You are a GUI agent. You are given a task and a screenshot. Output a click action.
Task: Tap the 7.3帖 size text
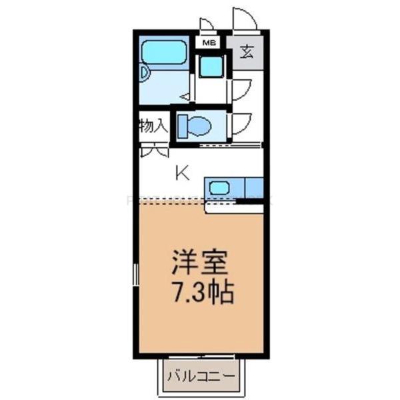coord(201,293)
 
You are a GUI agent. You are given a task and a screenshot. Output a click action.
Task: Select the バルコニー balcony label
coord(201,376)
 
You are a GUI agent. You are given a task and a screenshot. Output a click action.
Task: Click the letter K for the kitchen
coord(182,173)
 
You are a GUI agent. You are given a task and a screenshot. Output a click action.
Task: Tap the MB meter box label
coord(209,43)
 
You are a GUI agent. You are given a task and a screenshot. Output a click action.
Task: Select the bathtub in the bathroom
coord(164,51)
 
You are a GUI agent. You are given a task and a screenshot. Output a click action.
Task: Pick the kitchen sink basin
coord(219,187)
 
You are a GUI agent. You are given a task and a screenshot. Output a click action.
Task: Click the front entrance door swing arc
coord(244,18)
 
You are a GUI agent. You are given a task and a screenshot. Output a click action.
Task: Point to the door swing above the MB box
coord(207,25)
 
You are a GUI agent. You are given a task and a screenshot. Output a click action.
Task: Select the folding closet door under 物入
coord(154,150)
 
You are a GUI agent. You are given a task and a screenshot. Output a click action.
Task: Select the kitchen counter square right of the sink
coord(254,187)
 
